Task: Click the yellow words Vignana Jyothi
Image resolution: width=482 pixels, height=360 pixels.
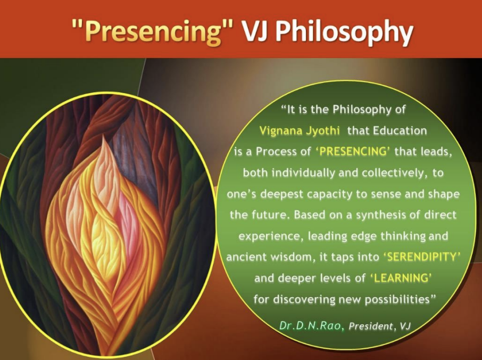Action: (x=300, y=131)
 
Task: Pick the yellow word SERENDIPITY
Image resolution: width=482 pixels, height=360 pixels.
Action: (x=421, y=257)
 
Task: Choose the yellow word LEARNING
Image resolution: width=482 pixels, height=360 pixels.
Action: (x=401, y=278)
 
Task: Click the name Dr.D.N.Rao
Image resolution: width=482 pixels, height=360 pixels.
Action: (x=311, y=325)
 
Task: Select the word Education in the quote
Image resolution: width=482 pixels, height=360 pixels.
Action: (x=400, y=131)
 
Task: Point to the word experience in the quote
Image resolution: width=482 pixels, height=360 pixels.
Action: (x=271, y=236)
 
